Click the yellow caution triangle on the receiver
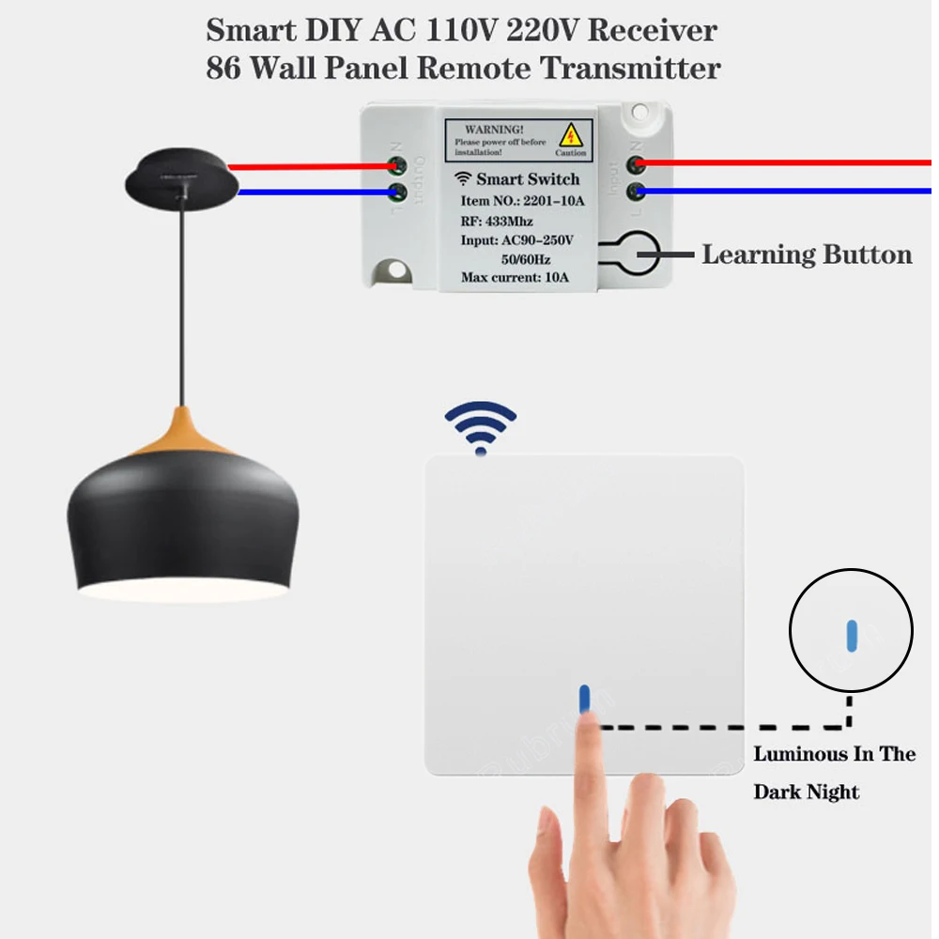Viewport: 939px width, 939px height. coord(569,134)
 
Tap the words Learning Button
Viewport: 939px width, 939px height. coord(807,254)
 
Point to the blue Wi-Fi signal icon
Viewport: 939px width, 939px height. coord(481,427)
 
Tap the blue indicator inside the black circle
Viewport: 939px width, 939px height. coord(851,635)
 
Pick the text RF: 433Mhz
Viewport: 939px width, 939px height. coord(497,222)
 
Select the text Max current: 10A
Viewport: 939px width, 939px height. coord(515,278)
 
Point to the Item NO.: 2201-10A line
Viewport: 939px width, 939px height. coord(522,201)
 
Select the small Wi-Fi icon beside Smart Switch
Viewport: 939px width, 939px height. coord(463,178)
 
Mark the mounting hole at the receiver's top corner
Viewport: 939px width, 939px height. coord(642,114)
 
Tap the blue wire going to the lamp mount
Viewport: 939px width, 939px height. coord(310,192)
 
